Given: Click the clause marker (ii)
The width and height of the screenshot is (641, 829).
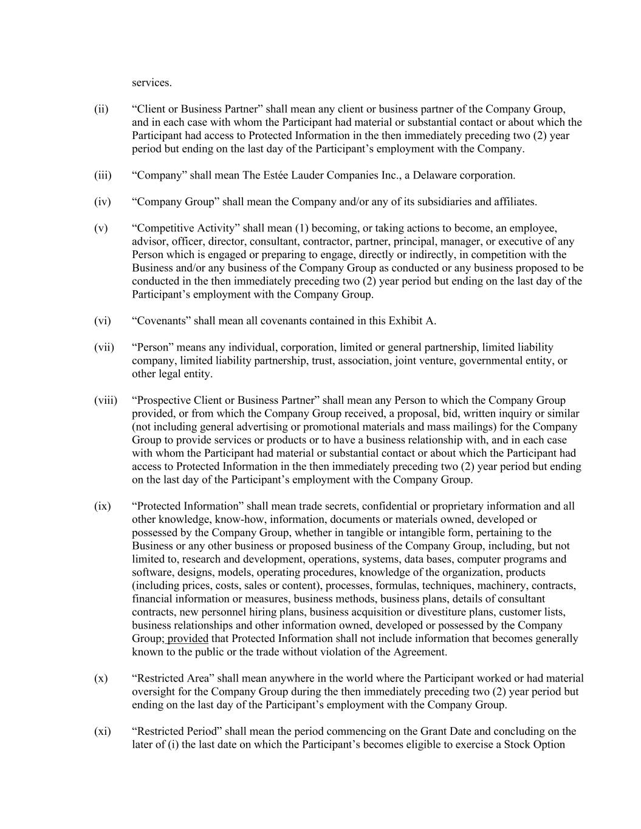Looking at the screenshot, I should tap(101, 109).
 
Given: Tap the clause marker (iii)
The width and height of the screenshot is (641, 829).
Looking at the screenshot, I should tap(103, 176).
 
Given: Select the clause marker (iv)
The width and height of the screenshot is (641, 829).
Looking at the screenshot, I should tap(102, 202).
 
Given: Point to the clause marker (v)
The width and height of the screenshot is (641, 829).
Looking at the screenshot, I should tap(100, 228).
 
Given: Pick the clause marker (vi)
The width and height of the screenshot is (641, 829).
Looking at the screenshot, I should tap(102, 321).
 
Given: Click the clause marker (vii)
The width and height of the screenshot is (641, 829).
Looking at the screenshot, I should tap(104, 347).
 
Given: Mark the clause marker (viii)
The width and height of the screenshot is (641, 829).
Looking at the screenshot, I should tap(106, 400).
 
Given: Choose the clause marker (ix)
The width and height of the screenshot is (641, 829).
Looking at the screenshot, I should tap(102, 506).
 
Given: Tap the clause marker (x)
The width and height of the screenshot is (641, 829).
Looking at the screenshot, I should tap(100, 678).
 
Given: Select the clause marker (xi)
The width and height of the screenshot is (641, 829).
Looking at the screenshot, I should tap(102, 731).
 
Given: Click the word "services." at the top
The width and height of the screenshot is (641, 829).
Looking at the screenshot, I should tap(152, 83).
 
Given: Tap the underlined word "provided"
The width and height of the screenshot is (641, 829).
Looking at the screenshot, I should tap(188, 639).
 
